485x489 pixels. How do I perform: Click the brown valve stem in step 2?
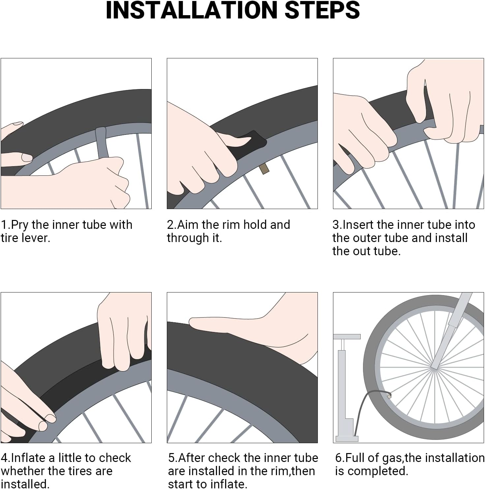click(x=264, y=169)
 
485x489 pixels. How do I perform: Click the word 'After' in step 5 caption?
click(x=192, y=458)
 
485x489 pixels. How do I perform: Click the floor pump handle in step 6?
click(x=347, y=337)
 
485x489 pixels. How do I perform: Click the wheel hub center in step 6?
click(x=434, y=367)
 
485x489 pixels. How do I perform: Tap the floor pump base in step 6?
click(x=347, y=439)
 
